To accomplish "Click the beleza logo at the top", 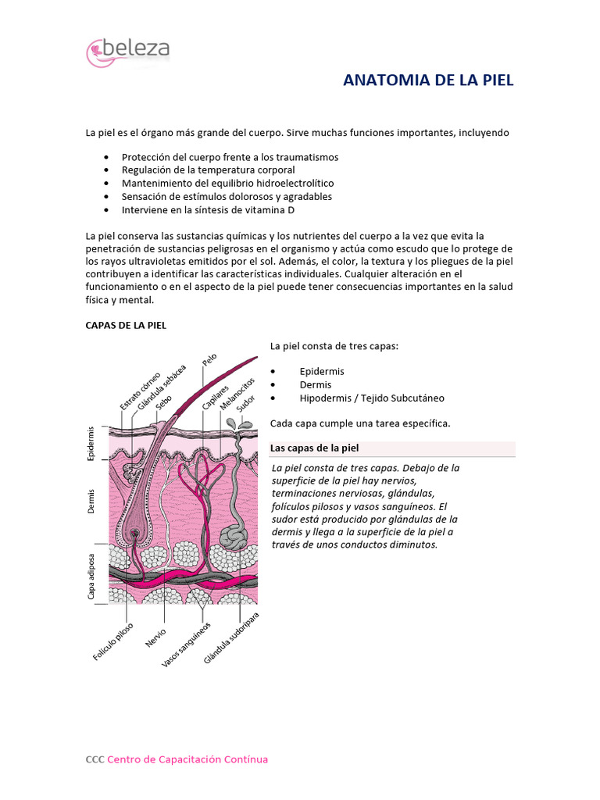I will pos(128,51).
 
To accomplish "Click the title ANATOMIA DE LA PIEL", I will pos(428,80).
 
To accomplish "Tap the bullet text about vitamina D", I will pos(208,210).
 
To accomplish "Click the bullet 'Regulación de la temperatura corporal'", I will pos(208,170).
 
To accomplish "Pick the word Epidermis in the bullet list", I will pos(321,371).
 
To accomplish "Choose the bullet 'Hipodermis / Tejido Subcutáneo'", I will pos(371,398).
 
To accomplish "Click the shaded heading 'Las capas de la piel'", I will pos(314,448).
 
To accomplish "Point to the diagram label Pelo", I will pos(209,360).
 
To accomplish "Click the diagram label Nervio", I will pos(155,637).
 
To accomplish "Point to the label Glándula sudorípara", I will pos(231,639).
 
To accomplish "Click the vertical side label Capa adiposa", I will pos(91,573).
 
